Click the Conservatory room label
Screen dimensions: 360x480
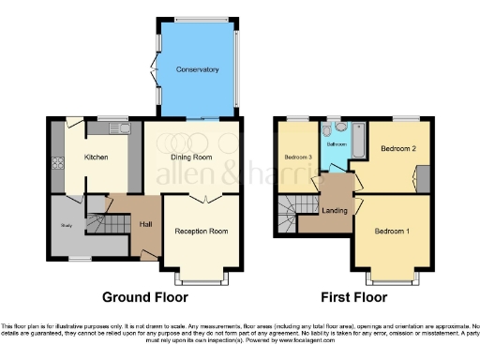click(197, 69)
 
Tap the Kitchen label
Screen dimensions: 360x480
click(97, 157)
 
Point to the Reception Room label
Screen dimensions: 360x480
click(202, 231)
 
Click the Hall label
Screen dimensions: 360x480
click(146, 224)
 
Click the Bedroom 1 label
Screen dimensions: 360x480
click(392, 231)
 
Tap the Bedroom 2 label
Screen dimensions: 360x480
click(398, 148)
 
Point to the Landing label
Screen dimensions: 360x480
click(335, 210)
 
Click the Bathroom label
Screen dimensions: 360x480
click(336, 145)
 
